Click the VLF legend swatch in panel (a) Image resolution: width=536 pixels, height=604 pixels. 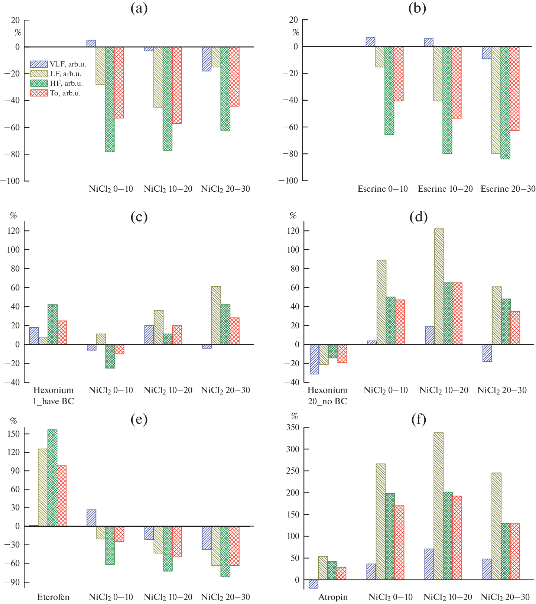[x=39, y=64]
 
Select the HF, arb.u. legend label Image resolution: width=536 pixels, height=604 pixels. [x=66, y=83]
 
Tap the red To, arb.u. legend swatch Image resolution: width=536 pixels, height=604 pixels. [x=39, y=93]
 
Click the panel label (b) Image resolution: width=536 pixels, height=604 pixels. [x=417, y=8]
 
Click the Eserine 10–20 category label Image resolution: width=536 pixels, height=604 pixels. [x=445, y=189]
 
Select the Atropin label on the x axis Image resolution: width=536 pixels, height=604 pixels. [x=333, y=597]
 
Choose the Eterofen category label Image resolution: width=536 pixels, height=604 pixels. [x=53, y=597]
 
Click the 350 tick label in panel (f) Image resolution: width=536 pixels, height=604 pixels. [x=293, y=428]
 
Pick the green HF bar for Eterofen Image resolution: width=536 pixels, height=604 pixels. [x=52, y=478]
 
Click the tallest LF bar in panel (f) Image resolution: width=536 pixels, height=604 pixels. [x=438, y=506]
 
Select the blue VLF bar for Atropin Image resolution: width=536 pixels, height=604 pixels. [x=314, y=584]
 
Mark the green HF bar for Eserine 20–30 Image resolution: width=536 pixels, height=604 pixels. [x=505, y=103]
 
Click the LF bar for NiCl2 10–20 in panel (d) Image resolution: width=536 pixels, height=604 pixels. [x=439, y=286]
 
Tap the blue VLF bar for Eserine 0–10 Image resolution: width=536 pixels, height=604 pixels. [x=370, y=42]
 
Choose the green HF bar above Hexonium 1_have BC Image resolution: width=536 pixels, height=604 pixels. [x=52, y=324]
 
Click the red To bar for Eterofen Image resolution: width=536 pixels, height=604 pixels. [x=62, y=496]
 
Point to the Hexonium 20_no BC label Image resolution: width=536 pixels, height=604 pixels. [x=328, y=396]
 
